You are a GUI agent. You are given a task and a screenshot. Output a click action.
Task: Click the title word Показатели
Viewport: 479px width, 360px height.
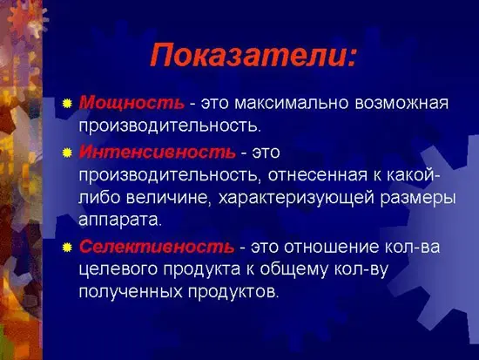click(x=252, y=55)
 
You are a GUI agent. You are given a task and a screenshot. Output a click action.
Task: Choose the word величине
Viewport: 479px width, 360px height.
click(x=159, y=199)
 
